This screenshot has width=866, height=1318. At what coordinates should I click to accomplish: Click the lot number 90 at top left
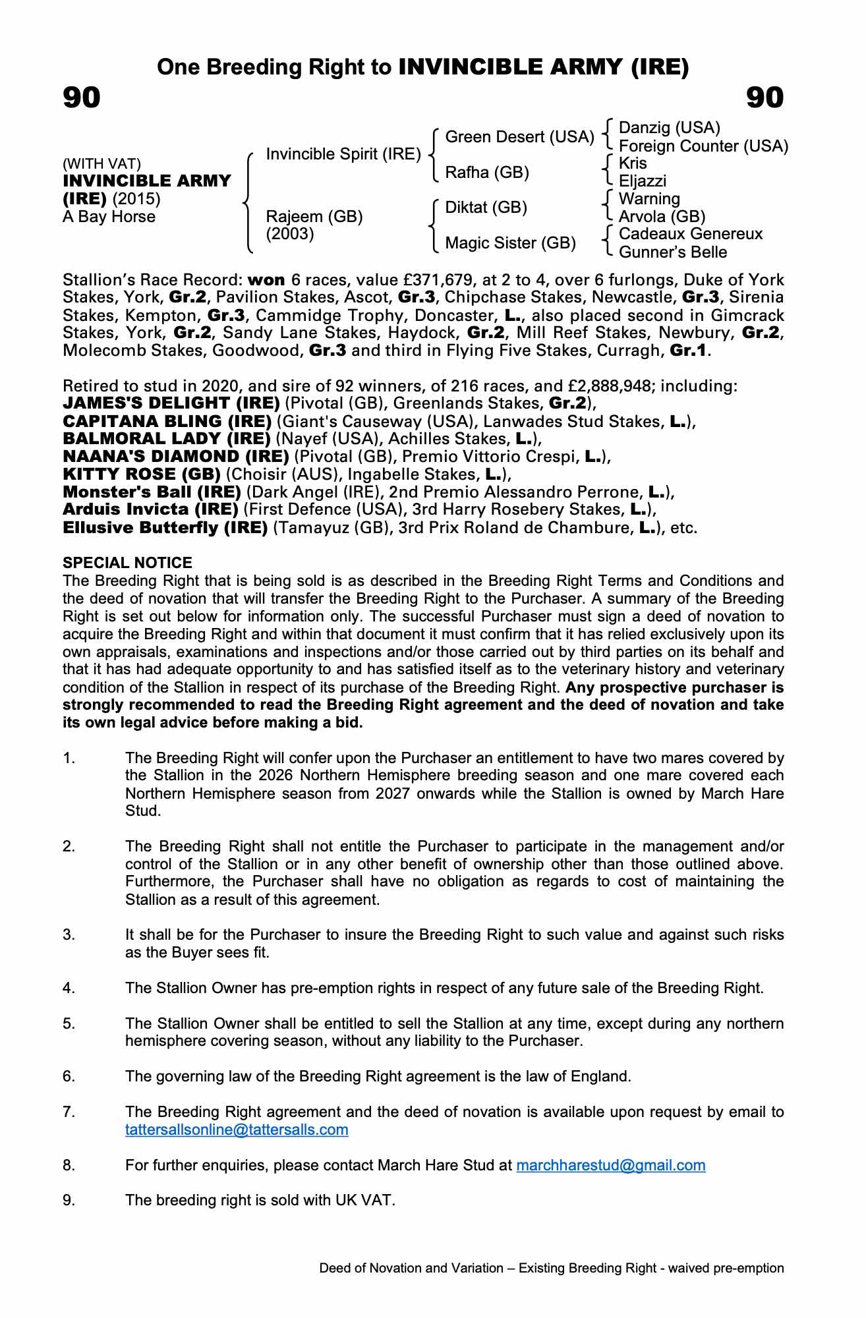point(82,98)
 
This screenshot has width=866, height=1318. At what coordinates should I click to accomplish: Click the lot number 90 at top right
point(765,98)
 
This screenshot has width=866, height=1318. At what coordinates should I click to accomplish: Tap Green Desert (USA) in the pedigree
point(519,137)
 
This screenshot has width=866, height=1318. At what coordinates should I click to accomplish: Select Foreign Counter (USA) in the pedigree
point(703,146)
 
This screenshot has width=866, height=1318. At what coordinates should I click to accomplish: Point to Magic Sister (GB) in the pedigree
point(510,243)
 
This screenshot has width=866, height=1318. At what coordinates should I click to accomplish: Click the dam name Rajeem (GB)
point(314,217)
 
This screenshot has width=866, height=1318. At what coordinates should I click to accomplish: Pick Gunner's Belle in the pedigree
point(673,252)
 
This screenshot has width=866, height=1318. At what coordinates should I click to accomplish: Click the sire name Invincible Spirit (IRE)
point(343,154)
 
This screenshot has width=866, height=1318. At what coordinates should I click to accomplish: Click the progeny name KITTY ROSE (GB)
point(142,474)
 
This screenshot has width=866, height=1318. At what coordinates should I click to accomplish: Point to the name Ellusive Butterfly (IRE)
point(165,528)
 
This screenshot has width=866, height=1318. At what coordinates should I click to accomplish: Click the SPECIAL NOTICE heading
point(127,563)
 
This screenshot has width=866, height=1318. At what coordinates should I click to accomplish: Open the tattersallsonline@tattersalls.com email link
point(237,1130)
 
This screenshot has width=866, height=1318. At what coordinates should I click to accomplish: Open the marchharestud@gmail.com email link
point(610,1166)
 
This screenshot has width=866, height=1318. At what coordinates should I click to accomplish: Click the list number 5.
point(69,1024)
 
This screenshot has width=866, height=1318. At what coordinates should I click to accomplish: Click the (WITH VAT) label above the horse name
point(101,164)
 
